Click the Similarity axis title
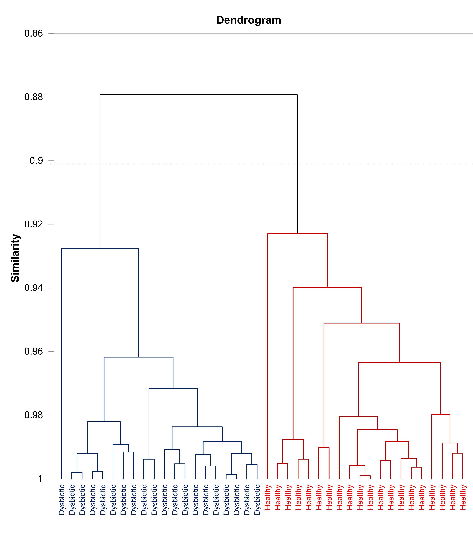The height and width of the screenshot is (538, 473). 15,258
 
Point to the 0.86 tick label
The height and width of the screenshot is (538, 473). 33,33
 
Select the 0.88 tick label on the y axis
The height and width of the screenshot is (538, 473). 33,97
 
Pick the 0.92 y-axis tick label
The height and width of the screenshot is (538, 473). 33,224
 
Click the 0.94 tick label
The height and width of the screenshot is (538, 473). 33,288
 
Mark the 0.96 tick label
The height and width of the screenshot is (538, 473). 33,351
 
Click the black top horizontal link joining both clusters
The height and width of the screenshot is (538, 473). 198,95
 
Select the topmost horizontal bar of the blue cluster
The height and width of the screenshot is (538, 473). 100,248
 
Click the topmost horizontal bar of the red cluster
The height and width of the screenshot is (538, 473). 297,234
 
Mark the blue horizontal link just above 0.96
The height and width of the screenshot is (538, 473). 138,357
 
